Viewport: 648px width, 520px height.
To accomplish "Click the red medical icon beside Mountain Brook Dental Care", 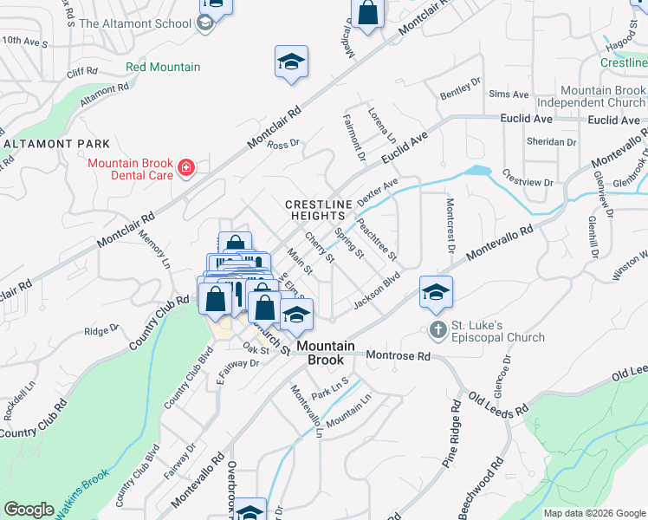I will pyautogui.click(x=185, y=166).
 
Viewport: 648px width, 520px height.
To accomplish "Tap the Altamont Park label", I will pyautogui.click(x=56, y=143).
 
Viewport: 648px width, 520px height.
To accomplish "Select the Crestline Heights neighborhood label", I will pyautogui.click(x=320, y=211).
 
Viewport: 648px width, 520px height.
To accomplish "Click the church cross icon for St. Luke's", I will pyautogui.click(x=438, y=329).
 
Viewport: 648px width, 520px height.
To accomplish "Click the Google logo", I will pyautogui.click(x=29, y=510).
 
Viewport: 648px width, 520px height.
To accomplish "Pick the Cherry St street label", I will pyautogui.click(x=319, y=246).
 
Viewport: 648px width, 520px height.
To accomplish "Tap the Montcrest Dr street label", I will pyautogui.click(x=450, y=224).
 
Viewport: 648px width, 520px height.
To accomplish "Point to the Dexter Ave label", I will pyautogui.click(x=378, y=192).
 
